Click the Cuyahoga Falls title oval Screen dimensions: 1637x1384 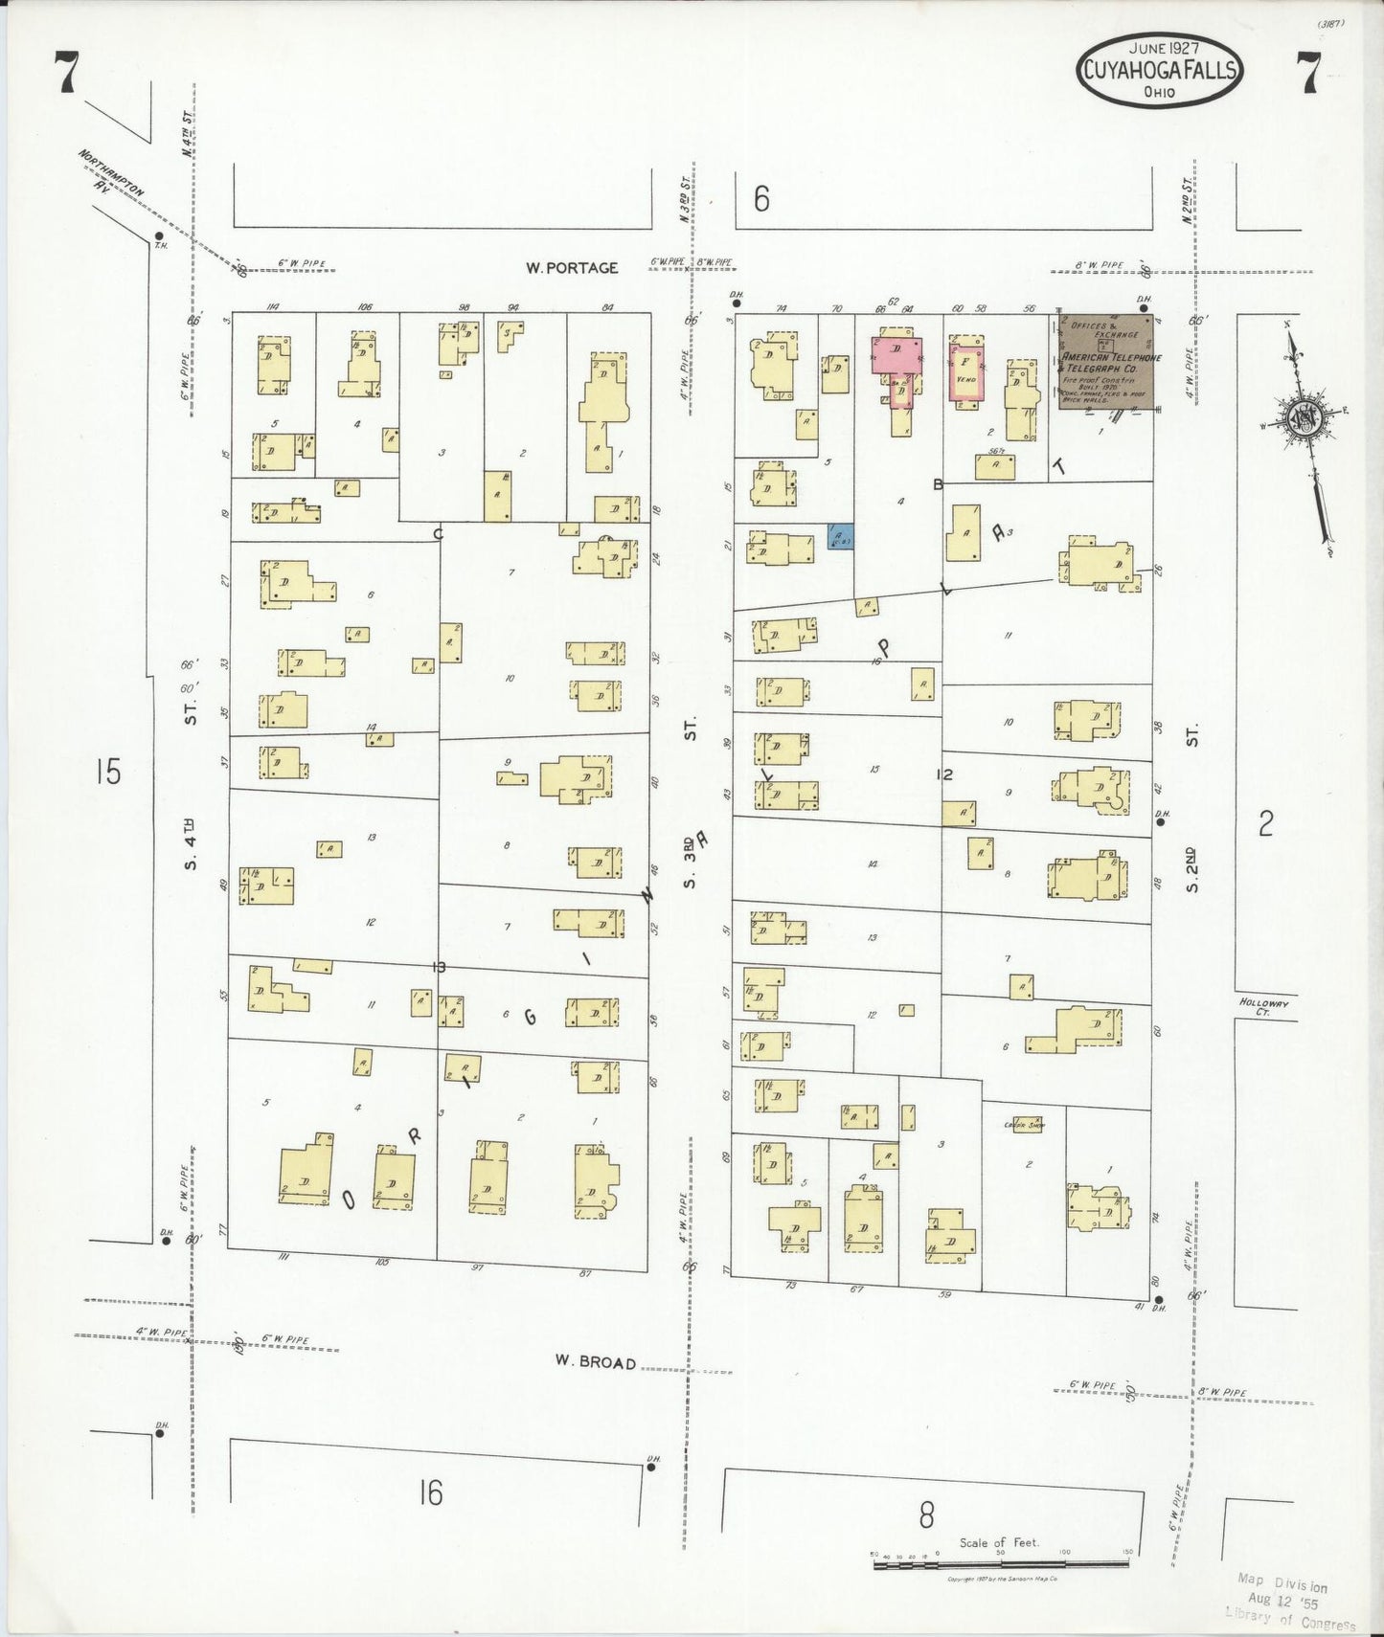pyautogui.click(x=1159, y=70)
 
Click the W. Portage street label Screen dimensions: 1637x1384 pyautogui.click(x=572, y=268)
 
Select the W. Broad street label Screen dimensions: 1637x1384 pyautogui.click(x=595, y=1361)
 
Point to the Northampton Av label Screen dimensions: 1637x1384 pyautogui.click(x=111, y=172)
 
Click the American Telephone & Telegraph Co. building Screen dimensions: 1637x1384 pyautogui.click(x=1106, y=362)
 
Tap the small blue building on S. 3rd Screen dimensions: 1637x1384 pyautogui.click(x=840, y=536)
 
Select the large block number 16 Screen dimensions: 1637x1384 pyautogui.click(x=431, y=1491)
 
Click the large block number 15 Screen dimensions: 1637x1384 pyautogui.click(x=108, y=771)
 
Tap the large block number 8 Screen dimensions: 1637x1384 pyautogui.click(x=926, y=1515)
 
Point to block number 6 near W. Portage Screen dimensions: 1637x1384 pyautogui.click(x=760, y=199)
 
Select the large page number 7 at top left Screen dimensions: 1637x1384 pyautogui.click(x=65, y=74)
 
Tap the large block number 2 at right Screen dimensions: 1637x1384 pyautogui.click(x=1266, y=822)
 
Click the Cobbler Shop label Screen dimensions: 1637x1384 pyautogui.click(x=1023, y=1125)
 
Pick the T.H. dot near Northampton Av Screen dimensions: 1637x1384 pyautogui.click(x=158, y=235)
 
